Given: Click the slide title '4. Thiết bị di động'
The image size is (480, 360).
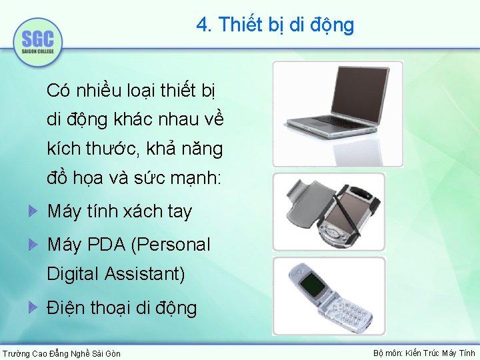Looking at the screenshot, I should [x=275, y=25].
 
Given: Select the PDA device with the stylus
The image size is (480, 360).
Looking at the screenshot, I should [x=350, y=213].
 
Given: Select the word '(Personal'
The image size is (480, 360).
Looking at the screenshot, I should [x=171, y=245].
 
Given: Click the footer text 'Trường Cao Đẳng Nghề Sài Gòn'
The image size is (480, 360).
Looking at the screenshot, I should [x=62, y=353].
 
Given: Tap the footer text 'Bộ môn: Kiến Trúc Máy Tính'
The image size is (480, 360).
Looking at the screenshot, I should [x=424, y=353].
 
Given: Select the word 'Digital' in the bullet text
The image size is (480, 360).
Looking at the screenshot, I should [x=71, y=273].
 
